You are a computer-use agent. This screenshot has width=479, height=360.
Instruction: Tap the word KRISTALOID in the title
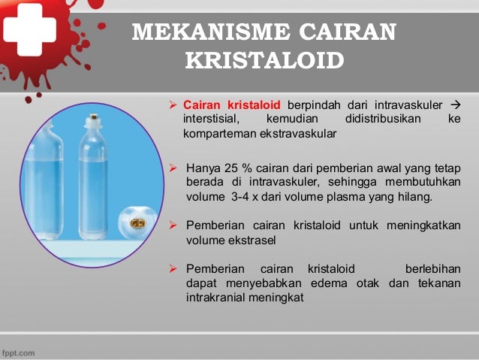coord(264,59)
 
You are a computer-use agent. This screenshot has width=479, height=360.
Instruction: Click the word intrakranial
coord(215,298)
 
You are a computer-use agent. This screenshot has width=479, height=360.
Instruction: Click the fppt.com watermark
coord(17,352)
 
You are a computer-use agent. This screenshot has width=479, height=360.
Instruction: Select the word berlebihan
coord(432,268)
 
